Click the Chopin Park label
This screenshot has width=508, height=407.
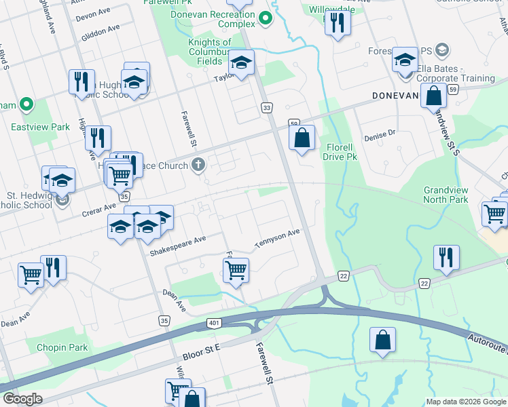coord(64,347)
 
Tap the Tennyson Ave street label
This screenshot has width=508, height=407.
coord(277,238)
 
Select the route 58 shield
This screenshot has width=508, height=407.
coord(294,123)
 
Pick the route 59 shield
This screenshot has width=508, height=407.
coord(453,89)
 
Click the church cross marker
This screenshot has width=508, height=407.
coord(198,164)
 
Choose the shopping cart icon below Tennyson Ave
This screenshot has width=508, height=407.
coord(236,270)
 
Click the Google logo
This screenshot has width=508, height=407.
coord(22,399)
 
